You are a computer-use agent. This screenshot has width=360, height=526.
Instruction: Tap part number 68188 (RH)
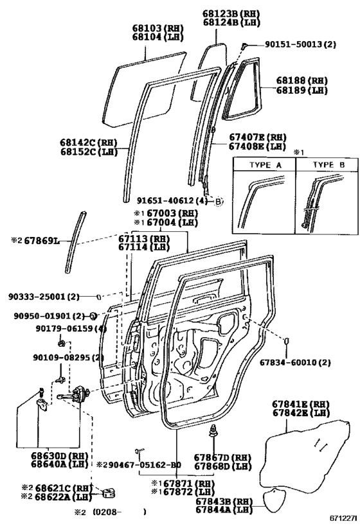tap(301, 80)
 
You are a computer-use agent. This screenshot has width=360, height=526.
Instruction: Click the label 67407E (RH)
tap(257, 137)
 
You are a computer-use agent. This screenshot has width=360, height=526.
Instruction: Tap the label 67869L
tap(36, 240)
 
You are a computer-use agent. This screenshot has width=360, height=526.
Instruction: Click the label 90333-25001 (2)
tap(44, 297)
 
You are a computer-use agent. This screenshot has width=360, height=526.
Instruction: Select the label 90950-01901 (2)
tap(44, 316)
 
